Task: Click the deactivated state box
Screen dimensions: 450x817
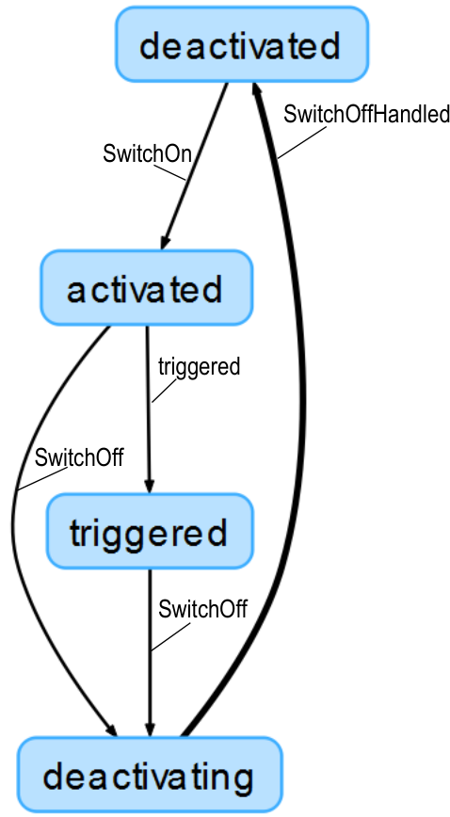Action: click(x=242, y=44)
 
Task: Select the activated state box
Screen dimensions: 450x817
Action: click(x=147, y=288)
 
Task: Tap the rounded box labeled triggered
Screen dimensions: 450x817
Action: click(x=150, y=531)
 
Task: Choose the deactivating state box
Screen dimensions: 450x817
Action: click(x=150, y=775)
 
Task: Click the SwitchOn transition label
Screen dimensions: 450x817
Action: click(x=148, y=153)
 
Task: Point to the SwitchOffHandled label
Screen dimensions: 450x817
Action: click(x=366, y=114)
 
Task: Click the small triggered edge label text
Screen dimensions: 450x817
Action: click(x=200, y=367)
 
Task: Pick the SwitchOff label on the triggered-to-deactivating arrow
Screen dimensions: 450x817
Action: click(x=202, y=609)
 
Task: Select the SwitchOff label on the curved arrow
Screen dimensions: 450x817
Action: click(x=79, y=457)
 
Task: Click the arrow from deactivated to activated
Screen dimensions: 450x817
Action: click(x=194, y=166)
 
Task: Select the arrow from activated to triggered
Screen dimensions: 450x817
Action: click(x=148, y=409)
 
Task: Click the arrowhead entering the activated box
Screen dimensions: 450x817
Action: click(x=165, y=241)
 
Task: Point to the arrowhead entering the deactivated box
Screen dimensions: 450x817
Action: click(x=257, y=91)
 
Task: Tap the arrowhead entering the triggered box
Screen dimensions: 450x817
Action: click(x=149, y=485)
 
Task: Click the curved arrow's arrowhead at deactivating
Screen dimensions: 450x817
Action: click(x=111, y=729)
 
